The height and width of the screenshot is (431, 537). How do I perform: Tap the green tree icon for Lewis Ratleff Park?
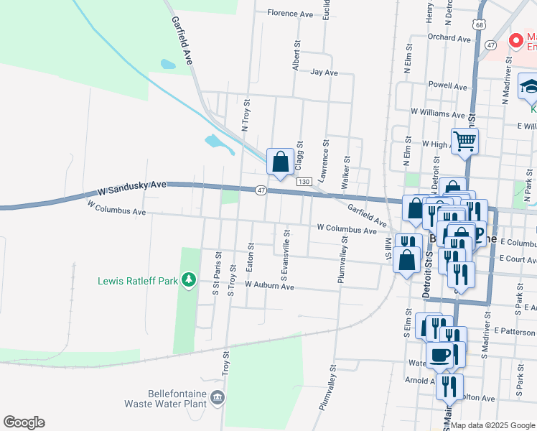point(189,279)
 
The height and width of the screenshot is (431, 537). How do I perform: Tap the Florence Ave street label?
point(290,13)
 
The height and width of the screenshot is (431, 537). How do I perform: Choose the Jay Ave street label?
point(324,73)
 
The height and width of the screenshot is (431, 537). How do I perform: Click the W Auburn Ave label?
point(269,285)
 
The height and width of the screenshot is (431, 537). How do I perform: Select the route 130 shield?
point(304,182)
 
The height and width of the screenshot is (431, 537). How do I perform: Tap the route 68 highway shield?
point(479,24)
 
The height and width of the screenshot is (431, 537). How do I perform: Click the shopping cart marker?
point(464,140)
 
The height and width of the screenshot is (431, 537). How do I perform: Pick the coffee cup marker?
point(439,354)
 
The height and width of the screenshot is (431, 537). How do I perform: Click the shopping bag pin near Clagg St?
point(280,161)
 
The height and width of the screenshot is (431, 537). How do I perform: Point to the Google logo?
point(24,422)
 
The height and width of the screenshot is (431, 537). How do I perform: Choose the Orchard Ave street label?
point(449,37)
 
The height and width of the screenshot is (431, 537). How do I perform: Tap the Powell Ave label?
point(447,85)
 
